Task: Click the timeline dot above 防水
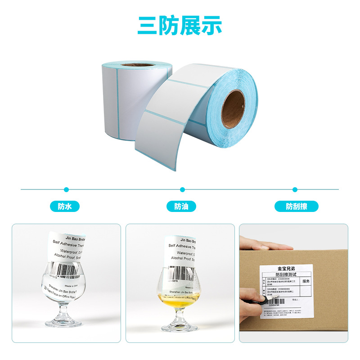click(67, 189)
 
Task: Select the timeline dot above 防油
click(182, 189)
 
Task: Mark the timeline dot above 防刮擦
click(295, 189)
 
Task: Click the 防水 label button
click(65, 207)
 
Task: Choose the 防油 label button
click(181, 207)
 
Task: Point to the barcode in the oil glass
click(177, 273)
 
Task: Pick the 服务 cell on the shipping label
click(306, 281)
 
